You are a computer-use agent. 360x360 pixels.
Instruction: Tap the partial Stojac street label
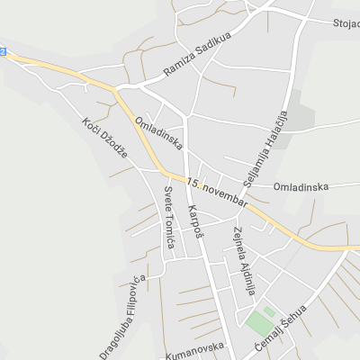[x=346, y=23]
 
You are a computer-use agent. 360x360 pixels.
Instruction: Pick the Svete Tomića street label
[x=168, y=210]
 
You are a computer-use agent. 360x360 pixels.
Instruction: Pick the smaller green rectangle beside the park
[x=269, y=310]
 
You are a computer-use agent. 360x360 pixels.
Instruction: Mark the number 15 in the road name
[x=192, y=183]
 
